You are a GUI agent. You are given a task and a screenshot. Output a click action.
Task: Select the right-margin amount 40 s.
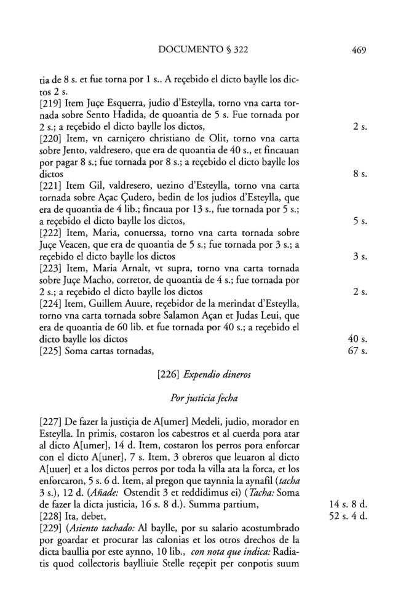[357, 339]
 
